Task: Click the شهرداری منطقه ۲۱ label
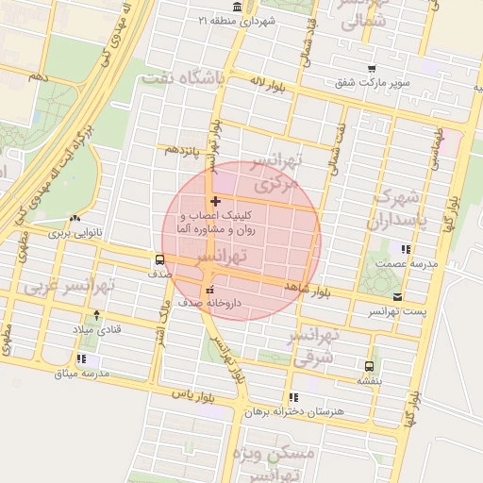(x=242, y=20)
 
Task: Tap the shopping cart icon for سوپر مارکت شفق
(x=372, y=68)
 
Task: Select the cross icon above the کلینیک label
(x=216, y=201)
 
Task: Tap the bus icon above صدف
(x=159, y=258)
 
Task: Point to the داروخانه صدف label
(x=219, y=304)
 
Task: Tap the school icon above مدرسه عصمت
(x=406, y=250)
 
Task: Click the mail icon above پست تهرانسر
(x=396, y=296)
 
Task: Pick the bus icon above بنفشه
(x=368, y=366)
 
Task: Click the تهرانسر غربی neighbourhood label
(x=69, y=284)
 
